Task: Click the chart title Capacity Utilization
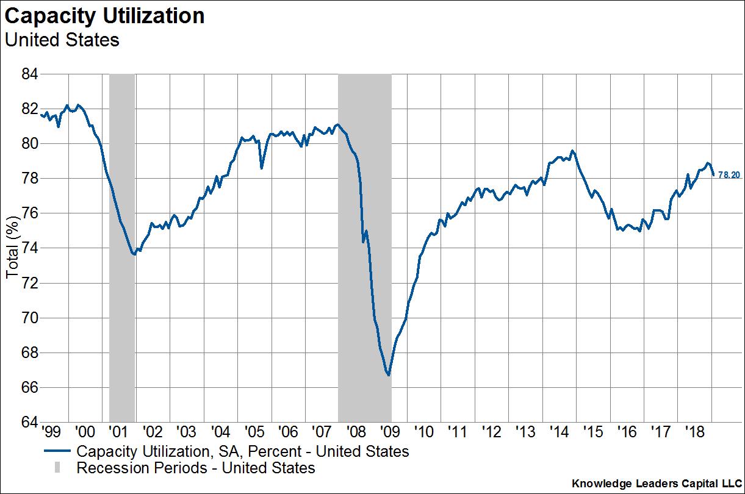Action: click(x=104, y=16)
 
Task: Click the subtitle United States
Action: click(x=62, y=40)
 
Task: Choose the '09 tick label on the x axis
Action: click(x=389, y=432)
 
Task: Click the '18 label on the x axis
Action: click(x=696, y=432)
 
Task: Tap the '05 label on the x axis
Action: click(x=253, y=432)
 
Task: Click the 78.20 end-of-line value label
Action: click(x=729, y=175)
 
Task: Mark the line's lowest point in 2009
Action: click(x=388, y=375)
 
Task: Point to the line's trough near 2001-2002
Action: click(x=134, y=254)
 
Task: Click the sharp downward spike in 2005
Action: click(x=261, y=168)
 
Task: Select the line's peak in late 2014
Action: click(x=572, y=151)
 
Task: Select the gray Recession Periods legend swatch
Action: click(x=57, y=468)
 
